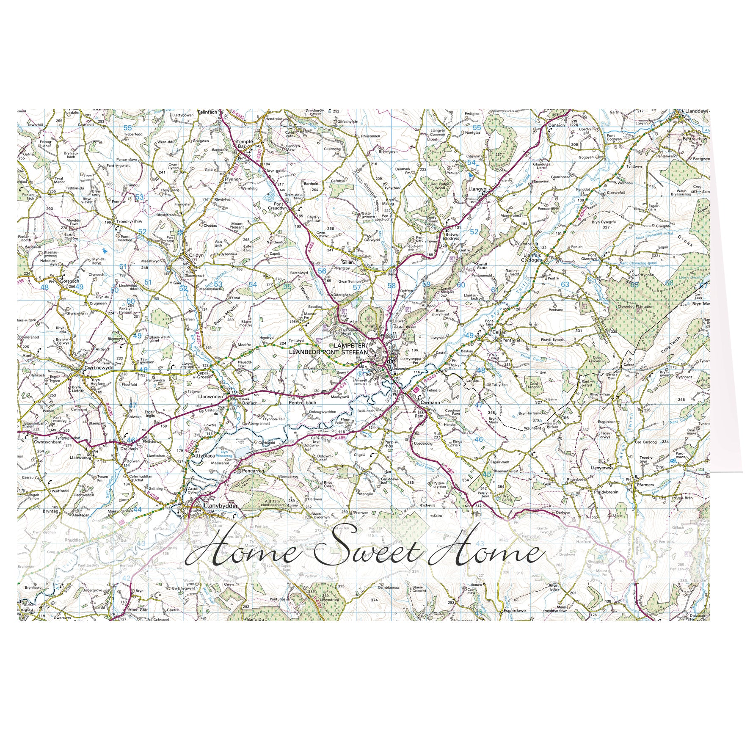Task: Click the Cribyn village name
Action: (x=196, y=255)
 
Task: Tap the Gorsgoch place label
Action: (x=70, y=281)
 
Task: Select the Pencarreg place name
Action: (x=253, y=471)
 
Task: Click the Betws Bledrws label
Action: (x=452, y=236)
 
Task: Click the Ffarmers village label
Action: (x=645, y=485)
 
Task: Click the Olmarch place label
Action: (x=557, y=125)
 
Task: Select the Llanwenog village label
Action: (x=80, y=457)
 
